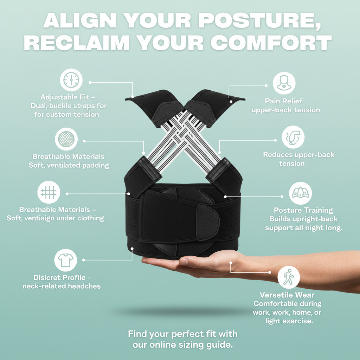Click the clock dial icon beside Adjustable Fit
71,80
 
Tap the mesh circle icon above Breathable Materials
66,139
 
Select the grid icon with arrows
49,192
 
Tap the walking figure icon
289,277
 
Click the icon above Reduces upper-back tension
293,138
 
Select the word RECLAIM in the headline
79,43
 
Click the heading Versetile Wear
287,295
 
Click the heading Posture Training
303,210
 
